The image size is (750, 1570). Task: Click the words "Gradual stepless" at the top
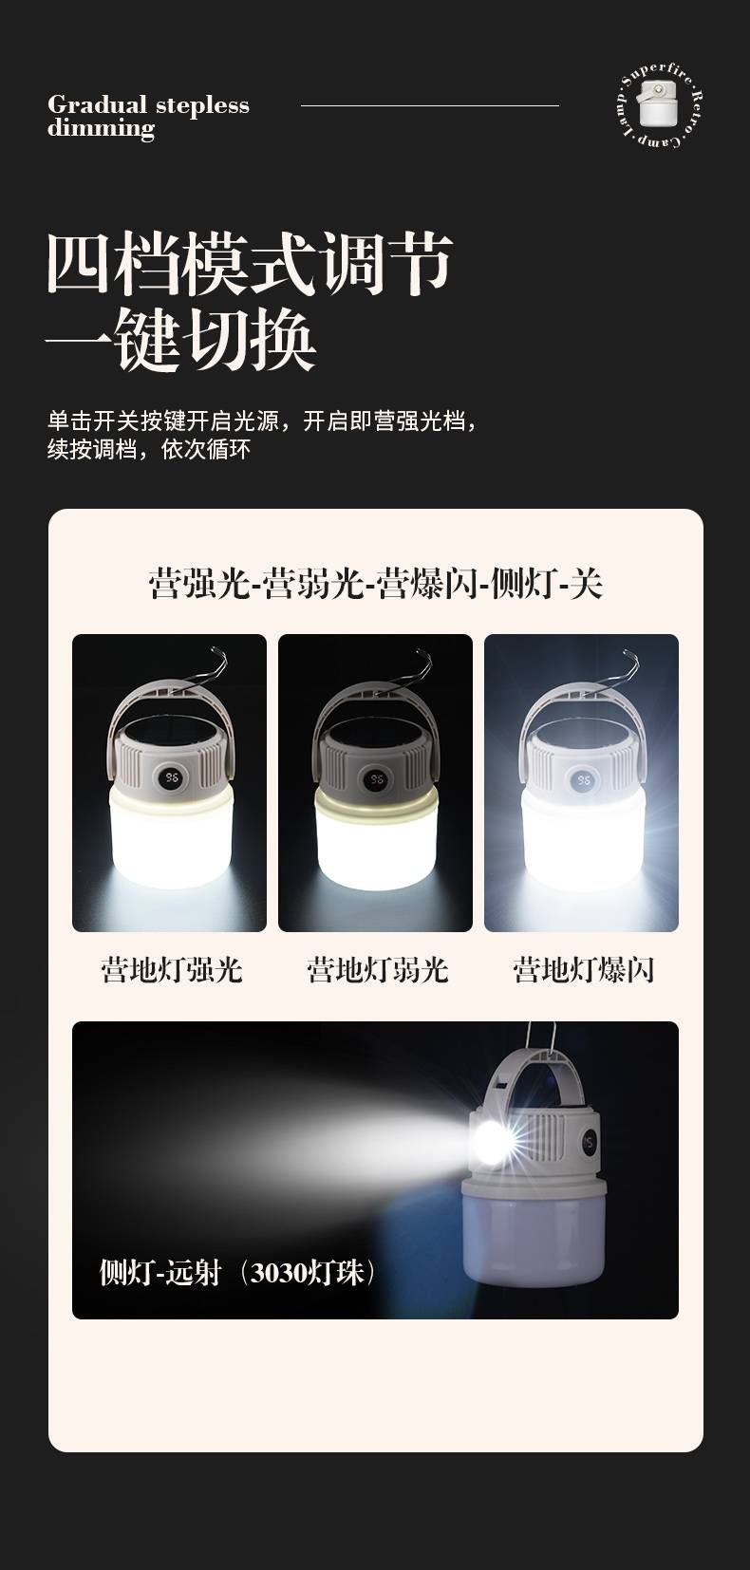coord(149,105)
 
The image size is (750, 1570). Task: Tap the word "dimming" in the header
coord(102,128)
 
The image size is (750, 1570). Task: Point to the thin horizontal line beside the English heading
coord(430,105)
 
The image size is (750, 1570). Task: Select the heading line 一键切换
coord(180,341)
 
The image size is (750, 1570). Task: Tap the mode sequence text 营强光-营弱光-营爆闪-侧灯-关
coord(376,584)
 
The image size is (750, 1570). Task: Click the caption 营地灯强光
coord(171,970)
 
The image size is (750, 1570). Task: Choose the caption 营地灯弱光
coord(377,970)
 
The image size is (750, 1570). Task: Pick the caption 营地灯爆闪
coord(583,970)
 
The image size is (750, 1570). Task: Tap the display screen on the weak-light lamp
coord(377,779)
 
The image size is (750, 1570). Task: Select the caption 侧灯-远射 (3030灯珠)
coord(237,1272)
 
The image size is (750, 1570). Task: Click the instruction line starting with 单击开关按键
coord(263,421)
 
